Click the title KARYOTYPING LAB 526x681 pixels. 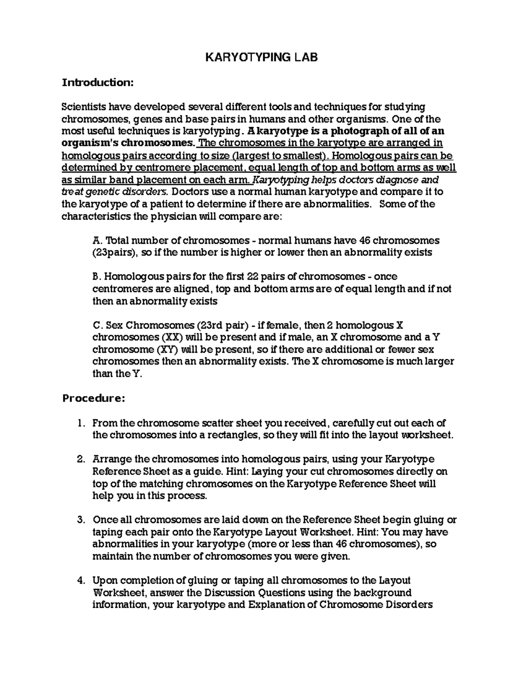pos(262,58)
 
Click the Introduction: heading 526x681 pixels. pos(96,82)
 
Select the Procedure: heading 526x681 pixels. pos(93,399)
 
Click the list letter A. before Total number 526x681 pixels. pos(97,240)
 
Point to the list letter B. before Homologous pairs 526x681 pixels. pos(97,277)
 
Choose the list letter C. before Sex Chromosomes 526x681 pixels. pos(97,325)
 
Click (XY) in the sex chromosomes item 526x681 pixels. pos(167,350)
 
